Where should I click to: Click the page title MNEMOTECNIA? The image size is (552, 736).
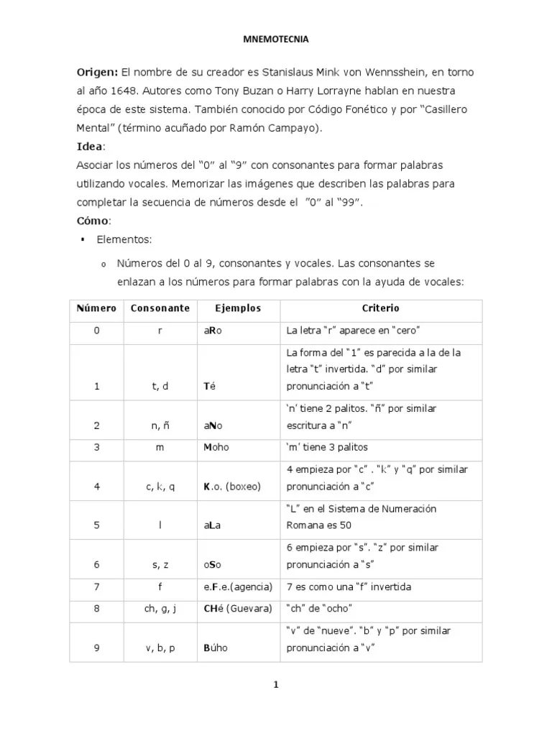point(275,40)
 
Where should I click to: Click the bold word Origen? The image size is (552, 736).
point(96,73)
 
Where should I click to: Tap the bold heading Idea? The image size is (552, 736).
point(89,147)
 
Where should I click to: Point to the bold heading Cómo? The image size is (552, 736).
point(93,220)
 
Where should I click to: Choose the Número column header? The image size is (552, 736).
point(96,308)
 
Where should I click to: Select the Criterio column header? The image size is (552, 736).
point(380,308)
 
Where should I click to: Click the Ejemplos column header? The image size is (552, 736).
point(238,308)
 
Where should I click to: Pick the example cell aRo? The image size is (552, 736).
point(213,331)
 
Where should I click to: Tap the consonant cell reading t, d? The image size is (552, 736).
point(160,387)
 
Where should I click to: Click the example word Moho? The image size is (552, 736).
point(216,447)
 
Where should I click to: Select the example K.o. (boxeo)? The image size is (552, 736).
point(231,487)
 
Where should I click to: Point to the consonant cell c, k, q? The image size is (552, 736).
point(160,487)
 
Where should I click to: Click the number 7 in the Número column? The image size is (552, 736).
point(96,587)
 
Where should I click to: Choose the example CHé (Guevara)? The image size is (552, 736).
point(237,609)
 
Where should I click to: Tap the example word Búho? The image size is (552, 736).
point(216,648)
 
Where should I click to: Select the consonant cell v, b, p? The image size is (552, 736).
point(160,648)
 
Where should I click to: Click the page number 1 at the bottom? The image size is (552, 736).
point(275,685)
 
